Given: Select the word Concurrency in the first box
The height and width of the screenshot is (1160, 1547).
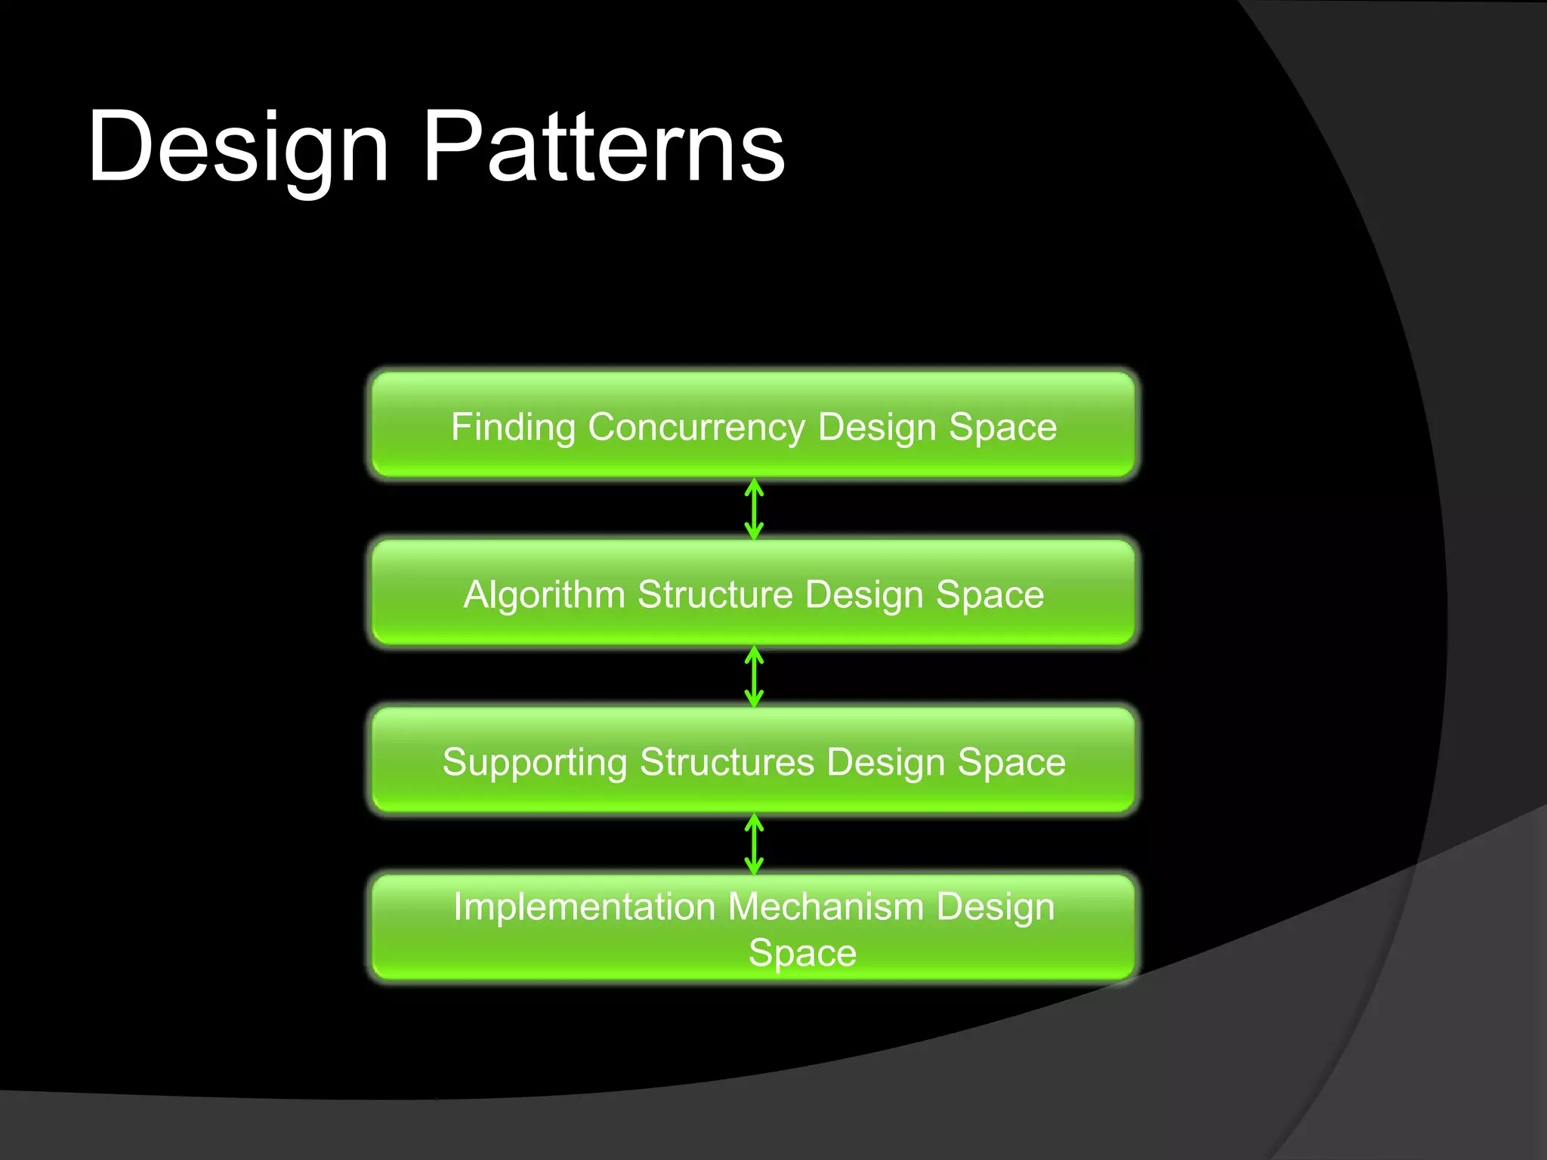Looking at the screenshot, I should pyautogui.click(x=696, y=427).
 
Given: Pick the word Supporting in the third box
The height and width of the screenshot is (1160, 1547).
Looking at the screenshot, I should pyautogui.click(x=534, y=763).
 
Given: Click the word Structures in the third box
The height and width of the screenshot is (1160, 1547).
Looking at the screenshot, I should pyautogui.click(x=727, y=763).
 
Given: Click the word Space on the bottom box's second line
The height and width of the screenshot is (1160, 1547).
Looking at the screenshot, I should pyautogui.click(x=802, y=953).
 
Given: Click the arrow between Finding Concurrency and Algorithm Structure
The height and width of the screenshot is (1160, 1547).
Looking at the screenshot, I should pyautogui.click(x=754, y=509).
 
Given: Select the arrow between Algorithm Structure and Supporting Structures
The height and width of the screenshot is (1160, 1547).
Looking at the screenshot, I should pyautogui.click(x=754, y=677).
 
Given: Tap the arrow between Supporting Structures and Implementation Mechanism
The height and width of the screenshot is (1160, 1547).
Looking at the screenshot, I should pyautogui.click(x=754, y=844).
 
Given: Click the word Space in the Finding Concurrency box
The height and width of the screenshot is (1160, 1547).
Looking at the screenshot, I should pyautogui.click(x=1002, y=427).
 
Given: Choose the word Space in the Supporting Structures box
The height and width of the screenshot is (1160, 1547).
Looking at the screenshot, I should pyautogui.click(x=1011, y=763).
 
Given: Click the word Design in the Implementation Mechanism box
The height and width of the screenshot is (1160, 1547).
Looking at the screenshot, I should pyautogui.click(x=995, y=908).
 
